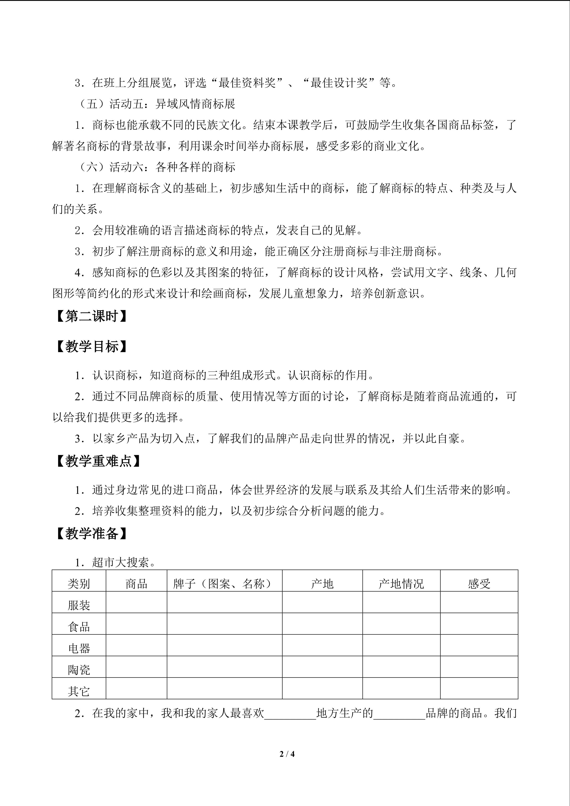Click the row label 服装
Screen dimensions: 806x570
click(79, 605)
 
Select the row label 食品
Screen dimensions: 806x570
click(79, 627)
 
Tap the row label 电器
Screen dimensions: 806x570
click(79, 648)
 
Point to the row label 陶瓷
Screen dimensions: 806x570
click(79, 670)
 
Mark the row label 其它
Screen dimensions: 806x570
click(79, 691)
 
